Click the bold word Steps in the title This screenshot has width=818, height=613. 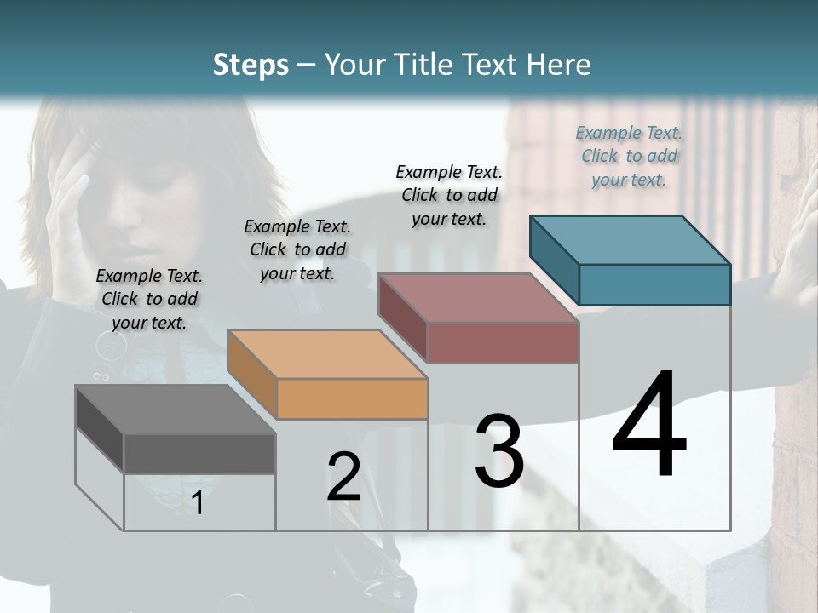251,65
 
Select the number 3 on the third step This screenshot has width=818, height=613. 498,451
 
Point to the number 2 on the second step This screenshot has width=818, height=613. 343,477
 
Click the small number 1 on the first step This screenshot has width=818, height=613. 198,503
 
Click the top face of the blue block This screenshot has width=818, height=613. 630,240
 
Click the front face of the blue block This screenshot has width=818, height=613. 654,284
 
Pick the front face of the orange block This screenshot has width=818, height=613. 352,398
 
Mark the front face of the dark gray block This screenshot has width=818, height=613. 199,453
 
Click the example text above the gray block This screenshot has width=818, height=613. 149,299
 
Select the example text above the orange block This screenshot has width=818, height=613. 297,249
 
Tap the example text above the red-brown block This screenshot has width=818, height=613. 449,195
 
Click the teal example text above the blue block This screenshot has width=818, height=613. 629,156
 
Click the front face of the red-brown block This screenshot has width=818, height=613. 503,342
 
